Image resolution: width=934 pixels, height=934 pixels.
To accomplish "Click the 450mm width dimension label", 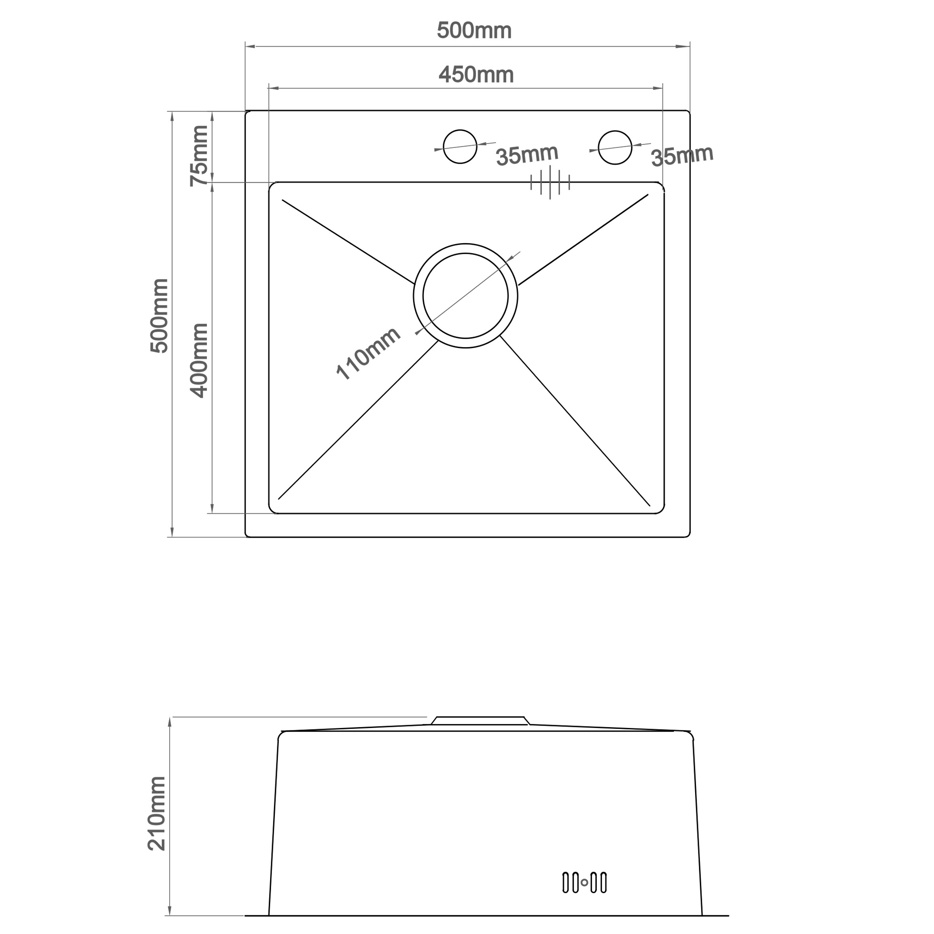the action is [x=476, y=75].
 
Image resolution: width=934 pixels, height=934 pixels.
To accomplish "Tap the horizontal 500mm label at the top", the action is [x=474, y=31].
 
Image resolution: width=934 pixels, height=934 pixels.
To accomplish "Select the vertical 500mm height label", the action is [x=159, y=316].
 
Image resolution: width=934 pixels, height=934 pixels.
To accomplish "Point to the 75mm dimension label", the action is [x=199, y=156].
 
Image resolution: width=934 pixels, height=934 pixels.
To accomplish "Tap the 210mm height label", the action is [x=157, y=814].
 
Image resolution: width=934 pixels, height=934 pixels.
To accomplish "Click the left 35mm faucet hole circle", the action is [x=460, y=146].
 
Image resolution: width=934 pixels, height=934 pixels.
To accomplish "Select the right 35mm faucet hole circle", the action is [x=614, y=147].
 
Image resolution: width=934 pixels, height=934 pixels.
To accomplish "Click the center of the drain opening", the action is [x=465, y=296].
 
